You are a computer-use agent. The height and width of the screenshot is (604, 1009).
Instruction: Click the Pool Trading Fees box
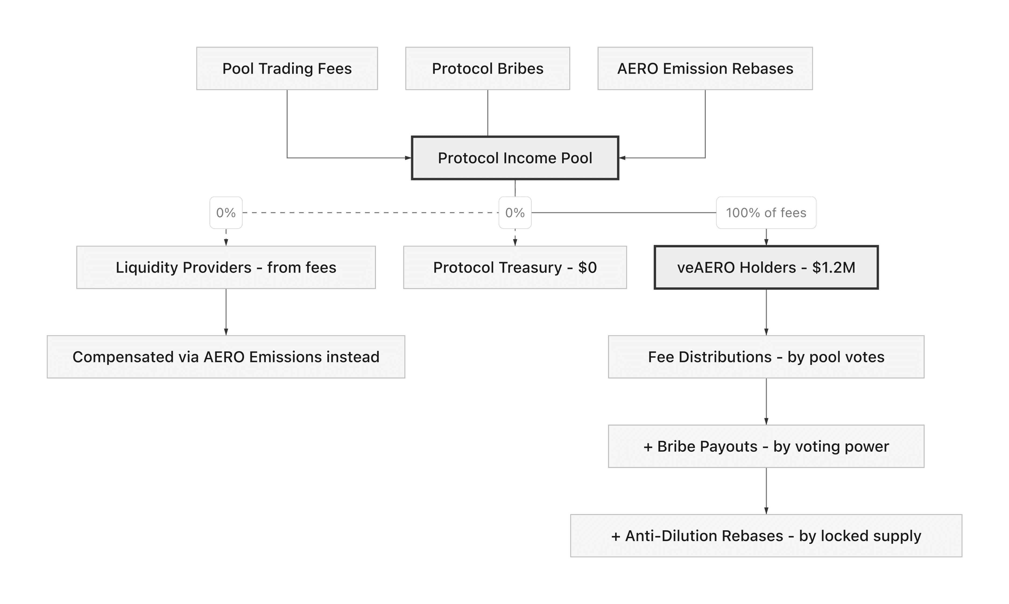pyautogui.click(x=287, y=68)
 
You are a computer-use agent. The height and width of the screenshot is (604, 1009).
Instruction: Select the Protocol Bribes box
pyautogui.click(x=487, y=68)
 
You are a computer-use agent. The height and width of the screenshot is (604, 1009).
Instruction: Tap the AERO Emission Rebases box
pyautogui.click(x=705, y=68)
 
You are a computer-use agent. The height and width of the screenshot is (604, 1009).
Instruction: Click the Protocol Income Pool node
pyautogui.click(x=515, y=158)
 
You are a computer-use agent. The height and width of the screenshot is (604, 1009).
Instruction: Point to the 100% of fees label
pyautogui.click(x=766, y=212)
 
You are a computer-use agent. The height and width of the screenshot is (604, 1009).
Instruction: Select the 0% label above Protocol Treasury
pyautogui.click(x=515, y=212)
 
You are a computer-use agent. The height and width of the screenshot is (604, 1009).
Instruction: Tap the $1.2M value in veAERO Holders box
pyautogui.click(x=834, y=267)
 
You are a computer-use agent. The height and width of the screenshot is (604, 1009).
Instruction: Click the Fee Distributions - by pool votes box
pyautogui.click(x=766, y=357)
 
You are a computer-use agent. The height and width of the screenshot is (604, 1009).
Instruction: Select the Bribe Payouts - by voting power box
pyautogui.click(x=766, y=446)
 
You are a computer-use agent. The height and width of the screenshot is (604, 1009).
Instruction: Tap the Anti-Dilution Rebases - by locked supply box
pyautogui.click(x=766, y=536)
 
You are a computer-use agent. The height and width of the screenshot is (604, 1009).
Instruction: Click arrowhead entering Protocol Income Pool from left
pyautogui.click(x=408, y=158)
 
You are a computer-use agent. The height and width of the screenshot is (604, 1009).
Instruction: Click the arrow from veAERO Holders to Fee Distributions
pyautogui.click(x=766, y=312)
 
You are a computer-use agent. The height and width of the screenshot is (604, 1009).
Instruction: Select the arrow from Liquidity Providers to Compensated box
pyautogui.click(x=226, y=312)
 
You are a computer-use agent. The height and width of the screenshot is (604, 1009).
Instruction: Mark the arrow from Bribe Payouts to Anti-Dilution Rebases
pyautogui.click(x=766, y=491)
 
